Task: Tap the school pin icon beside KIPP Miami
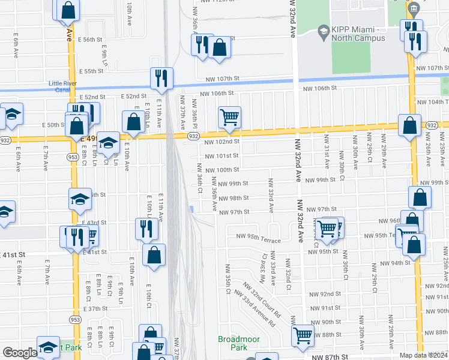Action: (323, 31)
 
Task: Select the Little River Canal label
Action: (63, 87)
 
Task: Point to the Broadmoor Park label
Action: (239, 343)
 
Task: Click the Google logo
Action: (19, 353)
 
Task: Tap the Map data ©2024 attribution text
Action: (423, 355)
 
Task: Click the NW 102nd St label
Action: (221, 142)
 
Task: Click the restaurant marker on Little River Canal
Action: (161, 77)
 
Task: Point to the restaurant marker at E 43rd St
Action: (146, 229)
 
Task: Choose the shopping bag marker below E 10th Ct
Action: (154, 254)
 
